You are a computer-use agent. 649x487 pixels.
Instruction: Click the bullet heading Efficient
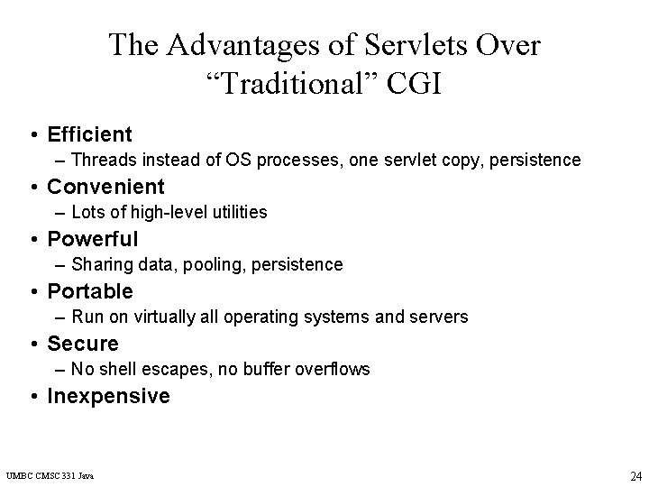(x=89, y=135)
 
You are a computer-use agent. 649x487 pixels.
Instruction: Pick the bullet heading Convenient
(x=105, y=187)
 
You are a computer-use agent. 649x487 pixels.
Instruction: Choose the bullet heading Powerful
(x=92, y=239)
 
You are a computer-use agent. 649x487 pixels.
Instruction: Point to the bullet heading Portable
(x=89, y=291)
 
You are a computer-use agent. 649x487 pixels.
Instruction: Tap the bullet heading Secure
(x=82, y=344)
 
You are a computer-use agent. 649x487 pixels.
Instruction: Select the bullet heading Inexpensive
(x=108, y=396)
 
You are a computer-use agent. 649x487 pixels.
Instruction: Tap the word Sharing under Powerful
(x=100, y=265)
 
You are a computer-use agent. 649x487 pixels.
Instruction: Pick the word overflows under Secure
(x=333, y=370)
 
